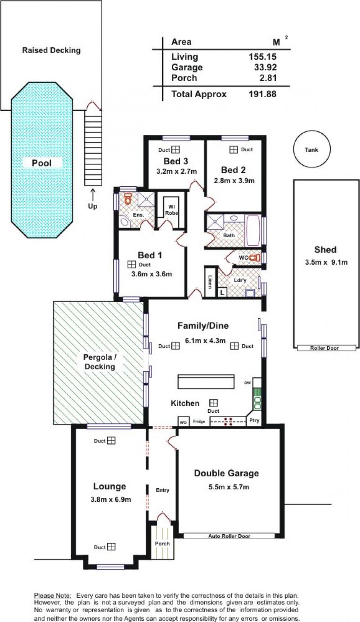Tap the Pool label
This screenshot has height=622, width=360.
pyautogui.click(x=42, y=163)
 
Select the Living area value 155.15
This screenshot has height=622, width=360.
pyautogui.click(x=262, y=57)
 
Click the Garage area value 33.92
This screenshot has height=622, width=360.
pyautogui.click(x=265, y=67)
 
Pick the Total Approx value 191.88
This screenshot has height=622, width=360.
pyautogui.click(x=262, y=94)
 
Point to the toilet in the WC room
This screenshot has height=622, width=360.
pyautogui.click(x=254, y=257)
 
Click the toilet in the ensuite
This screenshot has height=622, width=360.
pyautogui.click(x=128, y=198)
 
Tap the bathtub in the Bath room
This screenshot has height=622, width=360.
pyautogui.click(x=253, y=230)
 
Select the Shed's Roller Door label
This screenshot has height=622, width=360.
pyautogui.click(x=324, y=348)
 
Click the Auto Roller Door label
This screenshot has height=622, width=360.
pyautogui.click(x=229, y=536)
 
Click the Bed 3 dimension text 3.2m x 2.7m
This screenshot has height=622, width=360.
pyautogui.click(x=176, y=171)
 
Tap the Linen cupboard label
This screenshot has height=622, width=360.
pyautogui.click(x=211, y=282)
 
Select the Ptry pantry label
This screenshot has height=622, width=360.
pyautogui.click(x=254, y=420)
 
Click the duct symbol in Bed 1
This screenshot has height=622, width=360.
pyautogui.click(x=131, y=264)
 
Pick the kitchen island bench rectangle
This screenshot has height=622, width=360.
pyautogui.click(x=206, y=382)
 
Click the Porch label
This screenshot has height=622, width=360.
pyautogui.click(x=162, y=543)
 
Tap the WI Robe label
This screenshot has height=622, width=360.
pyautogui.click(x=171, y=210)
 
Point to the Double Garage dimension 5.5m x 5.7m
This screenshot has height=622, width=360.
pyautogui.click(x=229, y=487)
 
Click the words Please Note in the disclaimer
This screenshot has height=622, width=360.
pyautogui.click(x=53, y=595)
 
